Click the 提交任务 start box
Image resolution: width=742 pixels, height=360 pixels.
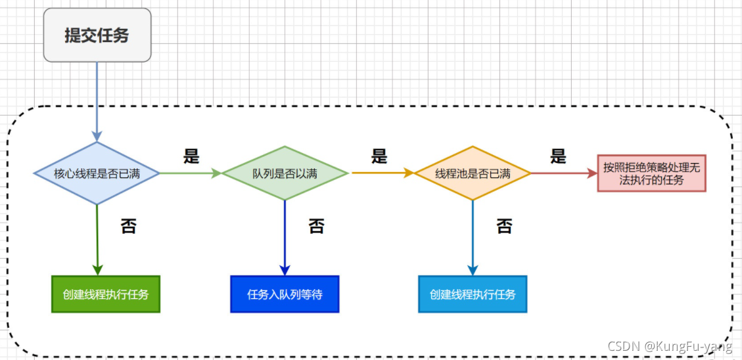tap(97, 35)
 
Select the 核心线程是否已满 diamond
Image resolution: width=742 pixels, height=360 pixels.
tap(97, 173)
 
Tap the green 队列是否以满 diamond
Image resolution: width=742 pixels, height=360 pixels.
tap(285, 173)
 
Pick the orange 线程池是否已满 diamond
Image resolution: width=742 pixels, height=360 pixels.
tap(473, 173)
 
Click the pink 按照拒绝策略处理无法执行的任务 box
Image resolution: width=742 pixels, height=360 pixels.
tap(651, 173)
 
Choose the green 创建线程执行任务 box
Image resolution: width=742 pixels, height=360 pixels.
tap(106, 294)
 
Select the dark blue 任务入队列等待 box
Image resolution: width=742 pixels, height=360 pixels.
tap(285, 294)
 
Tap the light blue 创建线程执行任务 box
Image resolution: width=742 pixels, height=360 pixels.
tap(473, 294)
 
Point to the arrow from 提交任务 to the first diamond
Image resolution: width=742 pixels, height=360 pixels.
tap(97, 102)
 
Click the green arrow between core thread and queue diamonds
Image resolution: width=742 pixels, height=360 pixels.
tap(191, 173)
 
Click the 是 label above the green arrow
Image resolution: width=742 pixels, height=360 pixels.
tap(191, 156)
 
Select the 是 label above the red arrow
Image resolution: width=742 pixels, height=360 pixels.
tap(558, 156)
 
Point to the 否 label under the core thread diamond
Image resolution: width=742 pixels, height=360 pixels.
tap(128, 227)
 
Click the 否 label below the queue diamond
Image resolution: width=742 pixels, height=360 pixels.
tap(316, 227)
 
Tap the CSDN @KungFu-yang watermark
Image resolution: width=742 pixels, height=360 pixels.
tap(670, 346)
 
